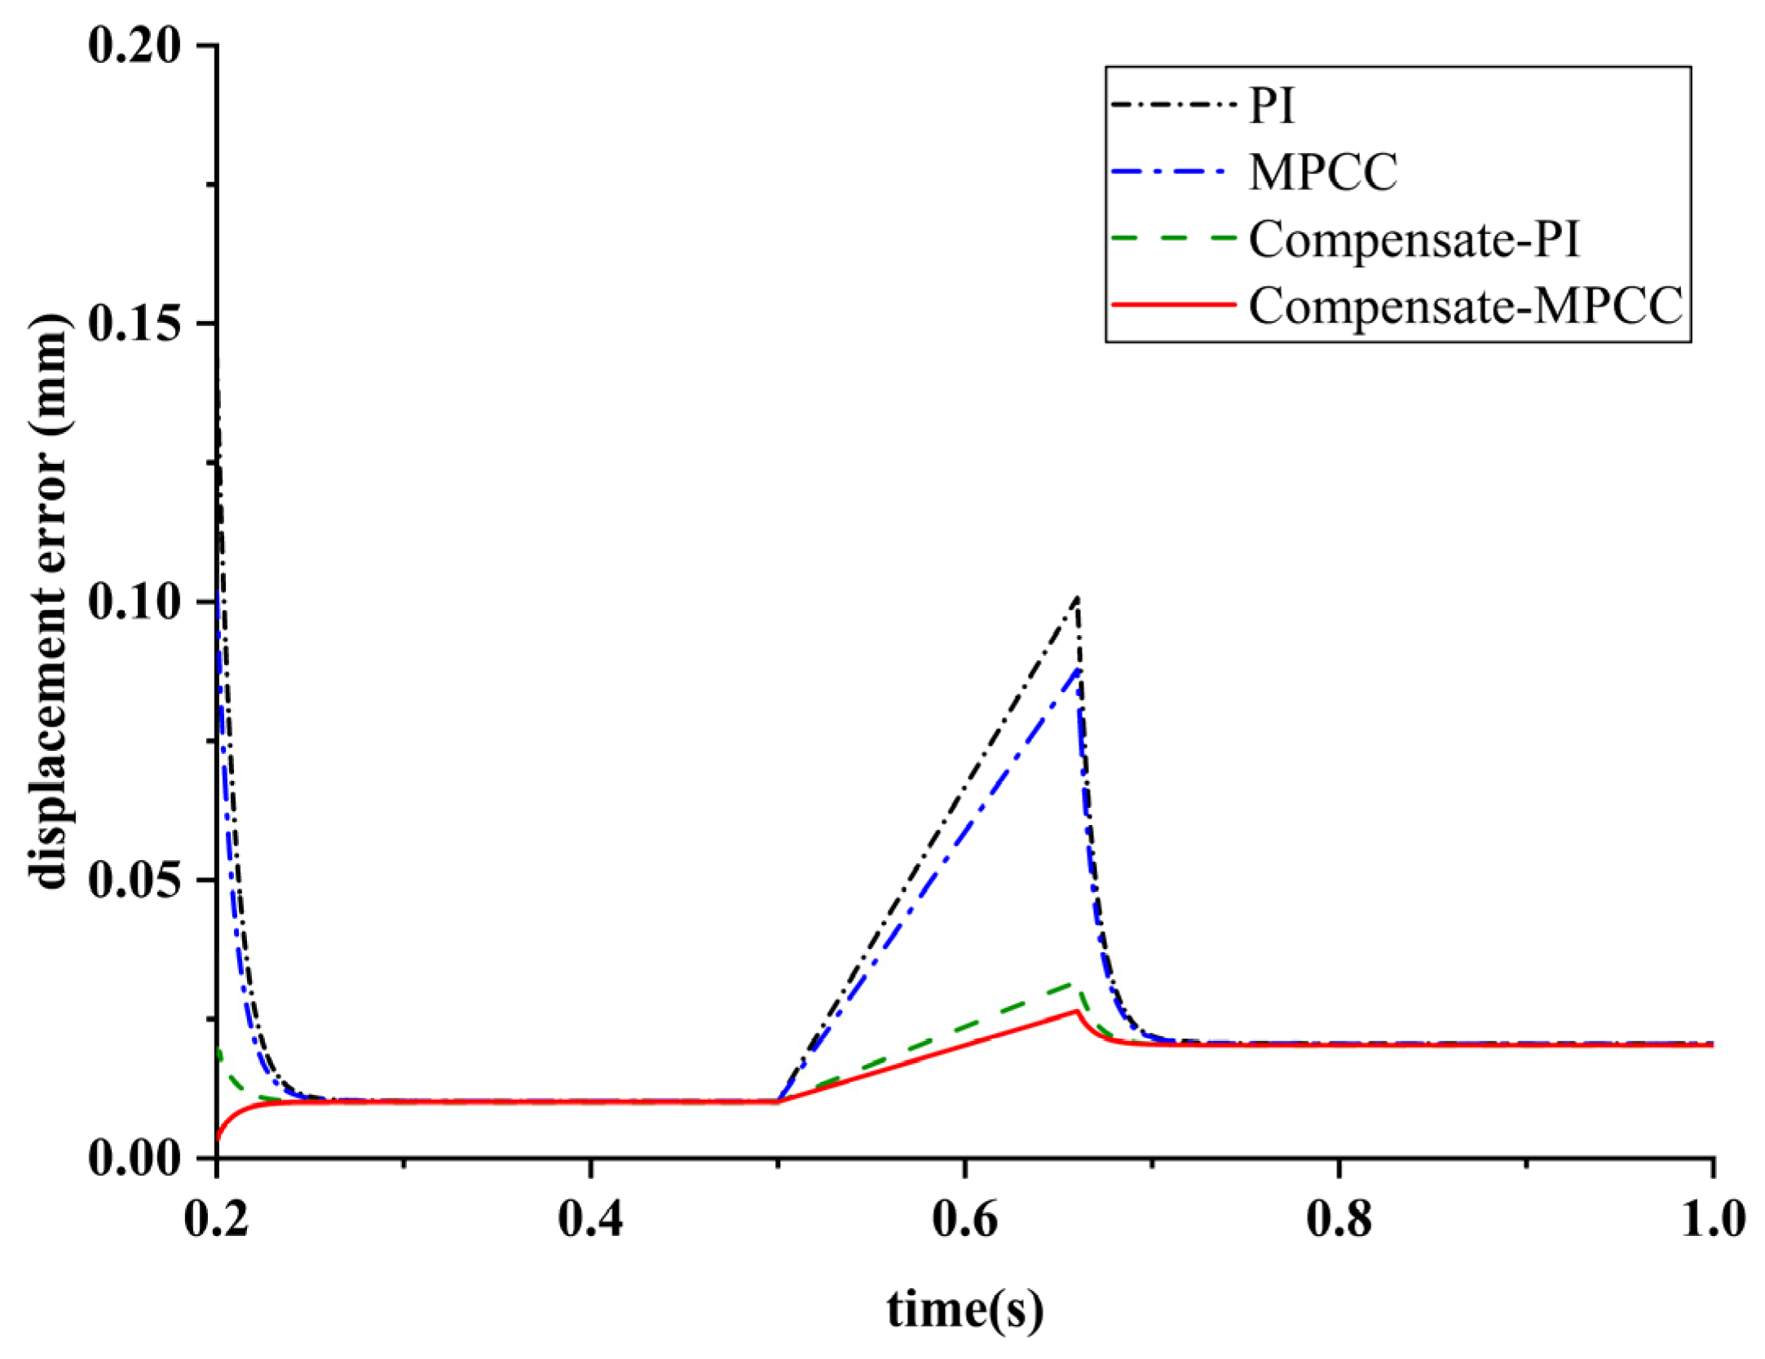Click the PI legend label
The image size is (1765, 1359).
pos(1271,106)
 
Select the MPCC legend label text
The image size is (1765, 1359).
pos(1322,173)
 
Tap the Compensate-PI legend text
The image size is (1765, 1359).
pos(1414,240)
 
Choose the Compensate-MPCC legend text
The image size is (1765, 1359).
pos(1465,307)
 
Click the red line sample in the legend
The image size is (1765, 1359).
pos(1173,305)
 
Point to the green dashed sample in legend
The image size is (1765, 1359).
pos(1173,238)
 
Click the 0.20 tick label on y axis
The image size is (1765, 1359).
pos(134,45)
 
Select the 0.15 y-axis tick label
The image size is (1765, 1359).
pos(134,324)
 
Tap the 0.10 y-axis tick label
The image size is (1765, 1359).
pos(134,602)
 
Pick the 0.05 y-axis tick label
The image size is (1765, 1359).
pos(134,880)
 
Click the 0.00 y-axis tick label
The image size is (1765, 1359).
pos(134,1158)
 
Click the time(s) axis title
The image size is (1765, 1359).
pos(964,1309)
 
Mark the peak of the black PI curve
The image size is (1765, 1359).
pos(1078,598)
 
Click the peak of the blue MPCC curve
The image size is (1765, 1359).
pos(1078,668)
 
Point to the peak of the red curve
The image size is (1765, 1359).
pos(1076,1012)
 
